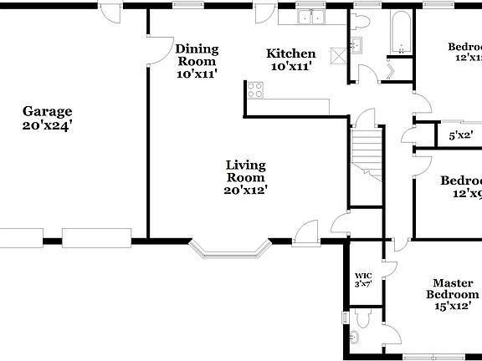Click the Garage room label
pos(47,111)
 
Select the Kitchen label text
pos(290,54)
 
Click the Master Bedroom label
pos(453,289)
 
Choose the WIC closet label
pos(362,276)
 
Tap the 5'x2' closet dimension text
pos(460,135)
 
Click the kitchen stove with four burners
pos(254,89)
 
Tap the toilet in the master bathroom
pos(362,318)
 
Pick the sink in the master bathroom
pos(353,338)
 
